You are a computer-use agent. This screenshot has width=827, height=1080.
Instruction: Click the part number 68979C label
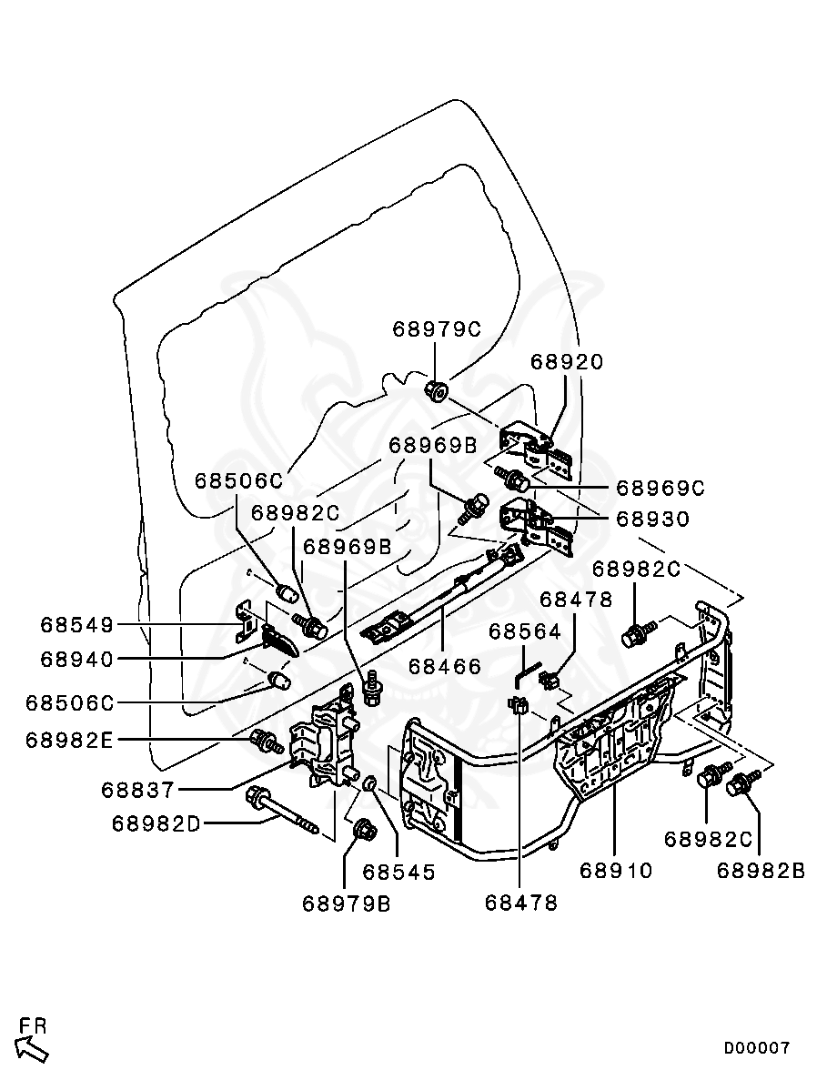point(436,329)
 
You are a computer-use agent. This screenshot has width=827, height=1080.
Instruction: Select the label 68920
point(567,362)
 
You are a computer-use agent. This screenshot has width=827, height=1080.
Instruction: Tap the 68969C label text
point(661,489)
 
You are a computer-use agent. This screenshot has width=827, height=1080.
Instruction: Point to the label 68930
point(653,520)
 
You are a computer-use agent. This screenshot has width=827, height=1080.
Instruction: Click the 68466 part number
point(444,666)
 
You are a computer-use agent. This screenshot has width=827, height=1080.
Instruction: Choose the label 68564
point(526,631)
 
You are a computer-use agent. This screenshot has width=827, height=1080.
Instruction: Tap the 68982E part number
point(69,740)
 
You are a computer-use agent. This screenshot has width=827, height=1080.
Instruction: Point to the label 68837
point(145,790)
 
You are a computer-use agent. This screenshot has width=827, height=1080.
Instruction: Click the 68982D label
point(156,823)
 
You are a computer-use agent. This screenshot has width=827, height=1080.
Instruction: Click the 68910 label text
point(616,871)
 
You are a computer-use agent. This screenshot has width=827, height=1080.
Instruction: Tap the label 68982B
point(761,871)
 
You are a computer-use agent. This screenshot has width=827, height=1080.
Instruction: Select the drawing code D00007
point(757,1048)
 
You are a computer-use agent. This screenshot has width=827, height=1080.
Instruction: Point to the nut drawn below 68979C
point(435,391)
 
